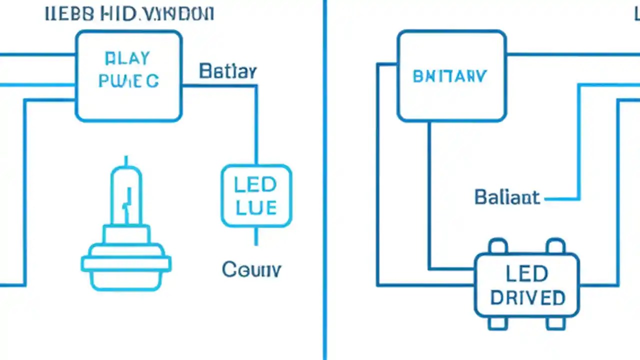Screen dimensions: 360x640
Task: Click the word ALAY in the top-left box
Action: (127, 58)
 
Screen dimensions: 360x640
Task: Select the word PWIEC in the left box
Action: (128, 81)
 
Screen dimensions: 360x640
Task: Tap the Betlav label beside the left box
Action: (227, 71)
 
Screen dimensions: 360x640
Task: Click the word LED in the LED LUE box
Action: (255, 185)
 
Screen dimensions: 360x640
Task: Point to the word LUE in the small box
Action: (256, 207)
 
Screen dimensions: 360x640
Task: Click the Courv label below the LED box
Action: (251, 270)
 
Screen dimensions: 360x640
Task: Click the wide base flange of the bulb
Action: (126, 264)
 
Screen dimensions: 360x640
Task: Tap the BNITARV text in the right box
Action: (449, 76)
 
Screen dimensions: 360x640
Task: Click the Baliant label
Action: (507, 197)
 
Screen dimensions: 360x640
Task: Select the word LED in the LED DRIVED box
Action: (526, 274)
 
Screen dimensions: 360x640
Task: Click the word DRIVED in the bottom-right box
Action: (527, 298)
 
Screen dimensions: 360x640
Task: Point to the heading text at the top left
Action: (129, 13)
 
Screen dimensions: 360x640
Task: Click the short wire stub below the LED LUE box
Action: (256, 236)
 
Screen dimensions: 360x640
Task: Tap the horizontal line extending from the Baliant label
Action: (561, 199)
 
